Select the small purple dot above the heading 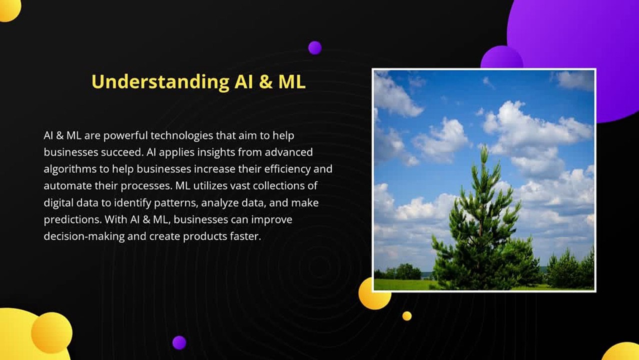pos(315,48)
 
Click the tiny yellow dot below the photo pos(407,316)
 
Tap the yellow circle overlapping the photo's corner pos(371,295)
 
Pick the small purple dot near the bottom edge pos(179,342)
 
